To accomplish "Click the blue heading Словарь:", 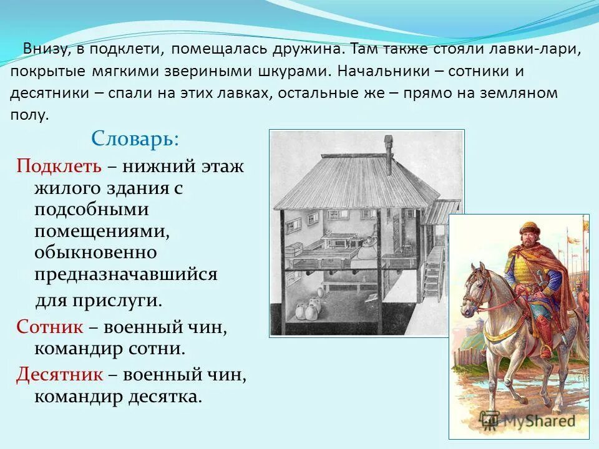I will [135, 138].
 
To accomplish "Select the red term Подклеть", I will [58, 167].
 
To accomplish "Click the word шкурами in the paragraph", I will [293, 70].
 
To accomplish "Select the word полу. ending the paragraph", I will [29, 115].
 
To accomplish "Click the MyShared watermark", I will [537, 420].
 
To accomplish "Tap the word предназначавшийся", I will [126, 274].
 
